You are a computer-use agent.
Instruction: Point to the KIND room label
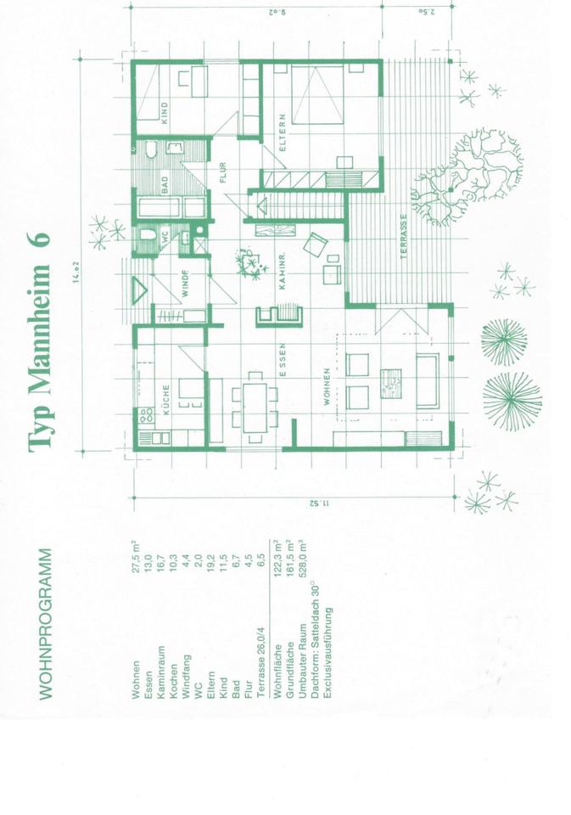[x=165, y=113]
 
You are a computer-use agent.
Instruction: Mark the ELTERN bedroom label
[x=283, y=136]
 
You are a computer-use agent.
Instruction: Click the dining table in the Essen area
[x=255, y=405]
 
